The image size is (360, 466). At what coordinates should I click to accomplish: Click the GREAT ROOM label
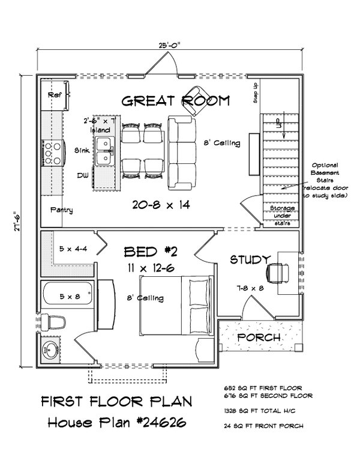pos(175,101)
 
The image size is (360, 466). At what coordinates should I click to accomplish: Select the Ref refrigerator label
pos(55,94)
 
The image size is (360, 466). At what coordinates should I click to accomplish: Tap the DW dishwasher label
pos(82,175)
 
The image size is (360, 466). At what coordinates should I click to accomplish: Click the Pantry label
pos(62,210)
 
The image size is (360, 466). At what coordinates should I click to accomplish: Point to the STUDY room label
pos(248,259)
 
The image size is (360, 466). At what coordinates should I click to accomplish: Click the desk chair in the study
pos(277,271)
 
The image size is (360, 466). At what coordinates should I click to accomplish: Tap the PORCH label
pos(259,337)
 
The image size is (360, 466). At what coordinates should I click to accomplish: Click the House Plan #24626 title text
pos(117,423)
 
